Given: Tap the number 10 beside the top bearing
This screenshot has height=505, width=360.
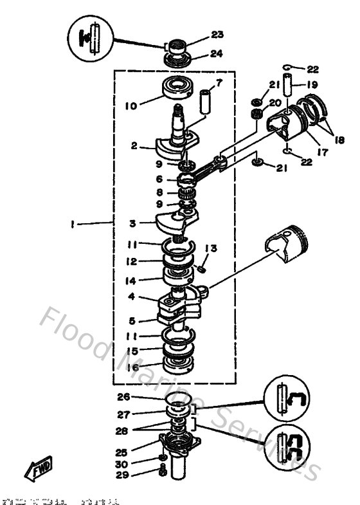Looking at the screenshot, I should tap(130, 105).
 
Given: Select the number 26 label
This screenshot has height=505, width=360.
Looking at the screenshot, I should tap(123, 396).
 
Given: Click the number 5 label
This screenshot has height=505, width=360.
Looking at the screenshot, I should tap(132, 320).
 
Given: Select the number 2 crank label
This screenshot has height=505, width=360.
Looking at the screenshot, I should tap(133, 146).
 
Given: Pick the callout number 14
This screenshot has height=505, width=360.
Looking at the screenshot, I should tap(132, 280).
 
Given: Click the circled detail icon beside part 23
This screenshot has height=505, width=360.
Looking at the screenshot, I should tap(93, 39).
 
